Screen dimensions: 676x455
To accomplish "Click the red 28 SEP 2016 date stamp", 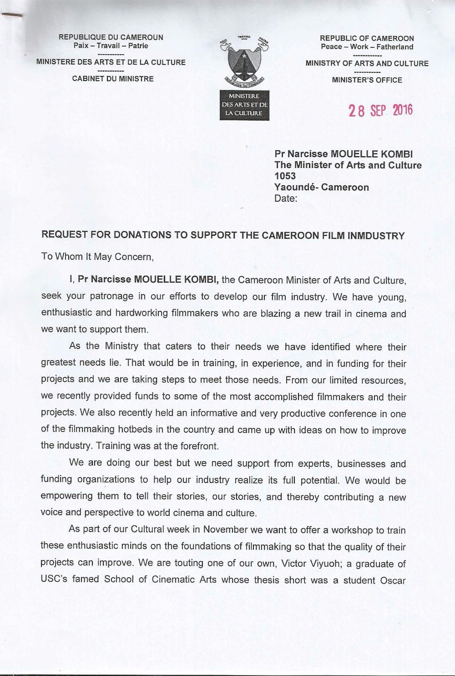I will [380, 111].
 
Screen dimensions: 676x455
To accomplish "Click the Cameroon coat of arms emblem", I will [244, 61].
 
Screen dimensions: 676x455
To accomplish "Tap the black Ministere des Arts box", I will [244, 105].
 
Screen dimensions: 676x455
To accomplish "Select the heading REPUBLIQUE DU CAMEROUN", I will [111, 37].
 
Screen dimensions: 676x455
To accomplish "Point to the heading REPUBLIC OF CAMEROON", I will [367, 38].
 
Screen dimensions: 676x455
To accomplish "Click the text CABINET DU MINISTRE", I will [113, 79].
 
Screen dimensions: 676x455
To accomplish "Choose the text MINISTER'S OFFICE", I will [367, 80].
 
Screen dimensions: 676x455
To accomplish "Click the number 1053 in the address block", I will [285, 176].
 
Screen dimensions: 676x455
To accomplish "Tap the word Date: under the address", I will [286, 198].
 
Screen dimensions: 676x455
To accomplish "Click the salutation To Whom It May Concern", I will [97, 257].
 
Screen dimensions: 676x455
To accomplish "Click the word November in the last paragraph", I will [225, 530].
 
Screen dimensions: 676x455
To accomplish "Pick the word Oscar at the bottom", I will [393, 580].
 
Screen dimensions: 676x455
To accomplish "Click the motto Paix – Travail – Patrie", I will [111, 46].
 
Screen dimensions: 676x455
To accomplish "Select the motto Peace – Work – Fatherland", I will [367, 46].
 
